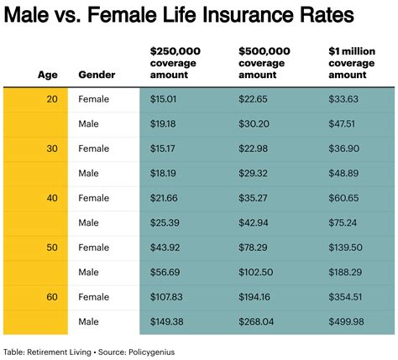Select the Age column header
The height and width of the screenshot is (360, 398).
tap(48, 74)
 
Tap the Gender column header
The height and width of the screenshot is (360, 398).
tap(97, 74)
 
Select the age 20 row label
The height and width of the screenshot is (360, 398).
tap(51, 99)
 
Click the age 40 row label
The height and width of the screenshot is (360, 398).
tap(51, 198)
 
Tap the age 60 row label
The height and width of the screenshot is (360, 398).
tap(51, 297)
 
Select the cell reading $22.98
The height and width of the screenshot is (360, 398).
tap(254, 149)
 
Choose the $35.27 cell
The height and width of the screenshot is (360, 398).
tap(254, 198)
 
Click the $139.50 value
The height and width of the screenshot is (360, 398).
tap(344, 248)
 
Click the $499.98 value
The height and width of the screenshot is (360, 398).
tap(344, 322)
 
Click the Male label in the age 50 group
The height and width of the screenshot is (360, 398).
tap(90, 273)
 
